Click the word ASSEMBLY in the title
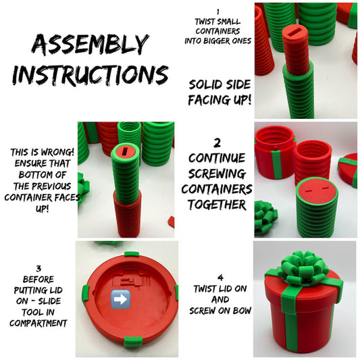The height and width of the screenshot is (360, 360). pos(90,45)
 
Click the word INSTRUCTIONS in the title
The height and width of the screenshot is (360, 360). pos(91,75)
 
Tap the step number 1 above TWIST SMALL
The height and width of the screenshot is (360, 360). pos(218,12)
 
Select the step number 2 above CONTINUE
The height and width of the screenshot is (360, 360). pos(217,143)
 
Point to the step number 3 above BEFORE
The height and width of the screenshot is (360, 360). pos(38,268)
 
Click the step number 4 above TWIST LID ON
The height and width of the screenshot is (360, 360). pos(220,278)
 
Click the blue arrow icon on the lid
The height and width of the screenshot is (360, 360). pos(120,299)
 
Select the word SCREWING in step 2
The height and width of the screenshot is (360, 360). pos(217,174)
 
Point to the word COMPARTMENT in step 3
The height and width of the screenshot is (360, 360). pos(38,324)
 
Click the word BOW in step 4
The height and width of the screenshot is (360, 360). pos(242,311)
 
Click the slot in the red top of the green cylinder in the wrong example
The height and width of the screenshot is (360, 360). pos(125,152)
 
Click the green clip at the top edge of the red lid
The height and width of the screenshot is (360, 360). pos(132,254)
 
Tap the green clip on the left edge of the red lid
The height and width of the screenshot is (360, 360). pos(85,292)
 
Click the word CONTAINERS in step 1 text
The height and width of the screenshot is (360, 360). pos(218,31)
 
